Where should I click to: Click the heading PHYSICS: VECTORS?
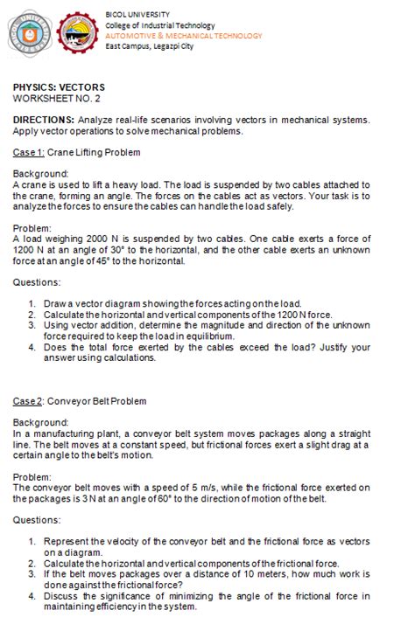59,87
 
